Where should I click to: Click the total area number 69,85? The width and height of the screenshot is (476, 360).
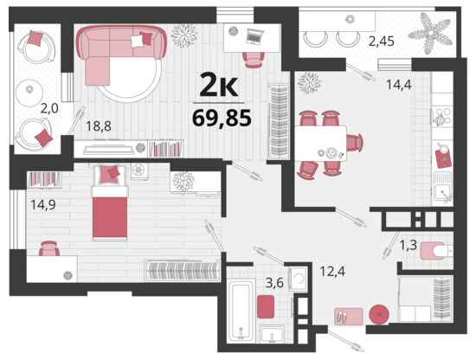222,118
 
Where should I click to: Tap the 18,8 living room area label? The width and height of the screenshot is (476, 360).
99,125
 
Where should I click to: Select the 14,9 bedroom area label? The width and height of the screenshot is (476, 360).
43,204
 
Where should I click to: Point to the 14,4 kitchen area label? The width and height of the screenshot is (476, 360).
399,85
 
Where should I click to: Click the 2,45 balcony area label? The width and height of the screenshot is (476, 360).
382,41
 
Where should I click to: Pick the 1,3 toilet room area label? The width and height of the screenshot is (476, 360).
408,245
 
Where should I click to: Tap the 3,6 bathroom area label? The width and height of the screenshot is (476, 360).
274,283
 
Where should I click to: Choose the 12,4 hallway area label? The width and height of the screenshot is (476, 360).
332,271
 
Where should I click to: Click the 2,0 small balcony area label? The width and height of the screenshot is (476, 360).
49,108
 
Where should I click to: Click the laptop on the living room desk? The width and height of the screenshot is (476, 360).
254,35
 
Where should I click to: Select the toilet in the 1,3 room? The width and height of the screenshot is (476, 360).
436,251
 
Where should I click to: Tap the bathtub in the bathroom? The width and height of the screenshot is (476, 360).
241,312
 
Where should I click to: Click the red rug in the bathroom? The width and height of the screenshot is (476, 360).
266,306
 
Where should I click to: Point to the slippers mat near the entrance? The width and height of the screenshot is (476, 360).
349,317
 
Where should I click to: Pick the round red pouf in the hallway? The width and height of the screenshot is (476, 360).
379,314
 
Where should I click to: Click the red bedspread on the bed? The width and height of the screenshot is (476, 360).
110,217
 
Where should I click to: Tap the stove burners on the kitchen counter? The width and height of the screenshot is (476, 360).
442,117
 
